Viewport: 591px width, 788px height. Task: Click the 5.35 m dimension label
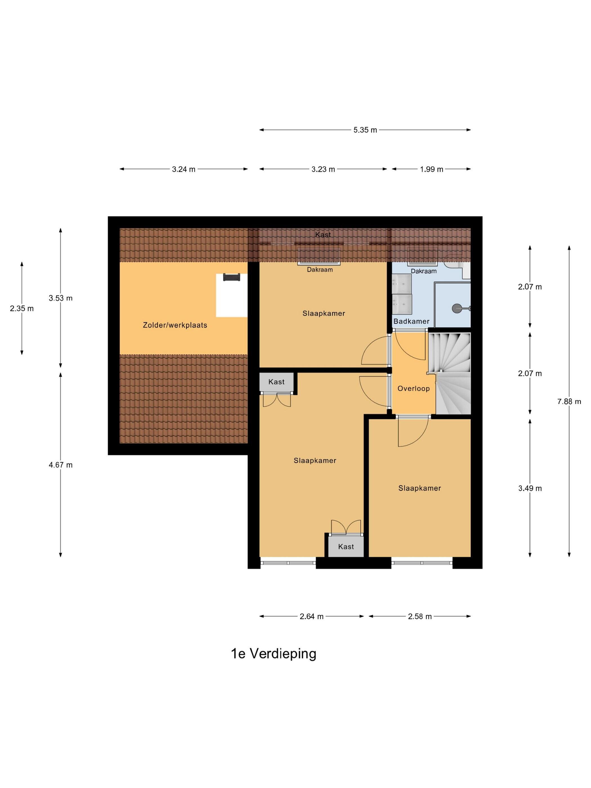coord(365,130)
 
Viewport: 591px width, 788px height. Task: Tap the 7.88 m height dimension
coord(569,402)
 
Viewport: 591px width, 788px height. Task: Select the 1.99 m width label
coord(431,169)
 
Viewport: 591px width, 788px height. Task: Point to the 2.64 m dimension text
coord(311,617)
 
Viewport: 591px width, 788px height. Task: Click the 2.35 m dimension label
coord(22,308)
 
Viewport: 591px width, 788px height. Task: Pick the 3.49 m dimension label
coord(530,488)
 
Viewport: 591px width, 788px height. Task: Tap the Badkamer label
coord(411,321)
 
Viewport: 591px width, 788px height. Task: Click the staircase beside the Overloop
coord(449,373)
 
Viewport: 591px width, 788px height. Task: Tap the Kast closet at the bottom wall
coord(346,547)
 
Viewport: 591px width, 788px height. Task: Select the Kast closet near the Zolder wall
coord(276,382)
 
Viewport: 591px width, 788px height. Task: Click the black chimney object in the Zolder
coord(232,277)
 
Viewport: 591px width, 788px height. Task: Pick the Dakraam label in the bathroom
coord(424,271)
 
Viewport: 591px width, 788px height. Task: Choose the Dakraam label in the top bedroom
coord(320,270)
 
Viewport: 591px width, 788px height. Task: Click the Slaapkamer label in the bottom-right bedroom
coord(420,488)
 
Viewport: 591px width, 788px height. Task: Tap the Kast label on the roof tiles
coord(323,235)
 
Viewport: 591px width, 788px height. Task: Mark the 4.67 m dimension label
coord(61,465)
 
